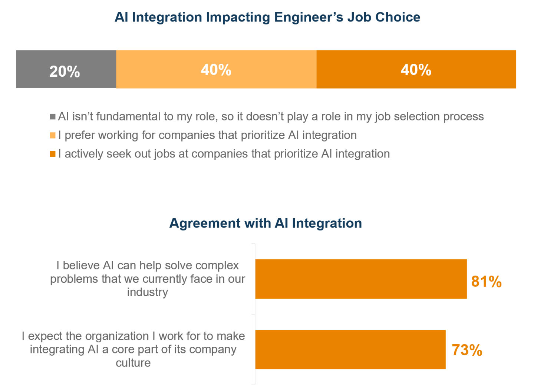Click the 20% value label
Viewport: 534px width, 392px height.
point(65,72)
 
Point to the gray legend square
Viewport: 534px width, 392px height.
point(53,117)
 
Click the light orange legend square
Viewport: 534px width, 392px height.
point(53,135)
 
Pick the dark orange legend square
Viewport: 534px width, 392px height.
point(53,154)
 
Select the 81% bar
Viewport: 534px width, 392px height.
point(360,279)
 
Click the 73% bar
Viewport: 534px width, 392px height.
point(350,349)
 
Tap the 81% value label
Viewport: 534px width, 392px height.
point(486,282)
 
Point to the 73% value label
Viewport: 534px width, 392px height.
point(467,350)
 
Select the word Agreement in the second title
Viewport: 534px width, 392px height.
point(205,223)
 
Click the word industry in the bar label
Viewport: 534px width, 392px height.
point(148,292)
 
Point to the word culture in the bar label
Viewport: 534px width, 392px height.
point(133,362)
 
